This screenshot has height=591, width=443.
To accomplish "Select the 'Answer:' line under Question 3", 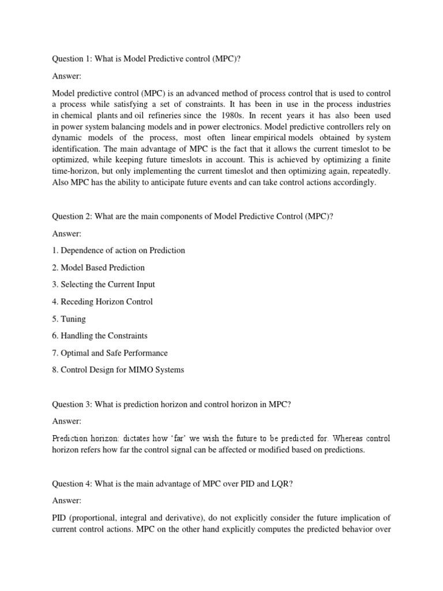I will coord(67,421).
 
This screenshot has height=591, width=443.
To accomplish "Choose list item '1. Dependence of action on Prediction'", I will coord(119,250).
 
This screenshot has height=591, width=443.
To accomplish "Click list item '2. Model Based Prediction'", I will coord(99,267).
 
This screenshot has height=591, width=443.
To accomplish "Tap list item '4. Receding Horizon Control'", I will coord(103,301).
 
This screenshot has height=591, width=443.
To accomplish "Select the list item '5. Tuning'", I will coord(69,319).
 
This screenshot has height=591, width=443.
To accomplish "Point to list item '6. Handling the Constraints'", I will coord(100,335).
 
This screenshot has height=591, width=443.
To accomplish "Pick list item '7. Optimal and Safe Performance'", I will coord(110,353).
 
